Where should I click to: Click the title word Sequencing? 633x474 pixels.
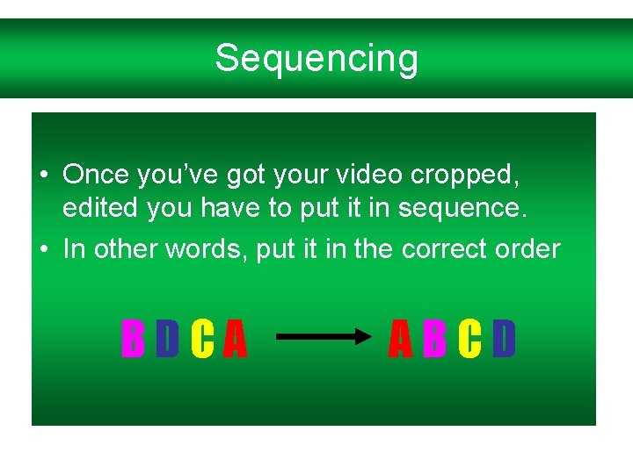coord(316,59)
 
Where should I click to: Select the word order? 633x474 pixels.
coord(527,249)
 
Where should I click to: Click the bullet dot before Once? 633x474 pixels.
coord(43,176)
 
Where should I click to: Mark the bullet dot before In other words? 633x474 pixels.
coord(43,249)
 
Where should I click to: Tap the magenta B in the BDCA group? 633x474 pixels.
coord(133,340)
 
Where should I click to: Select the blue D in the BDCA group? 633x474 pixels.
coord(167,340)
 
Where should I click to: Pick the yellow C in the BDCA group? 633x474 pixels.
coord(201,340)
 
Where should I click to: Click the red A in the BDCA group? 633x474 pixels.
coord(234,340)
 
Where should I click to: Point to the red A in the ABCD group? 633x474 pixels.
coord(400,340)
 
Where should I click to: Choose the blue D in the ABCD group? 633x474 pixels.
coord(504,340)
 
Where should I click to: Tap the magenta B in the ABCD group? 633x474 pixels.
coord(434,340)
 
